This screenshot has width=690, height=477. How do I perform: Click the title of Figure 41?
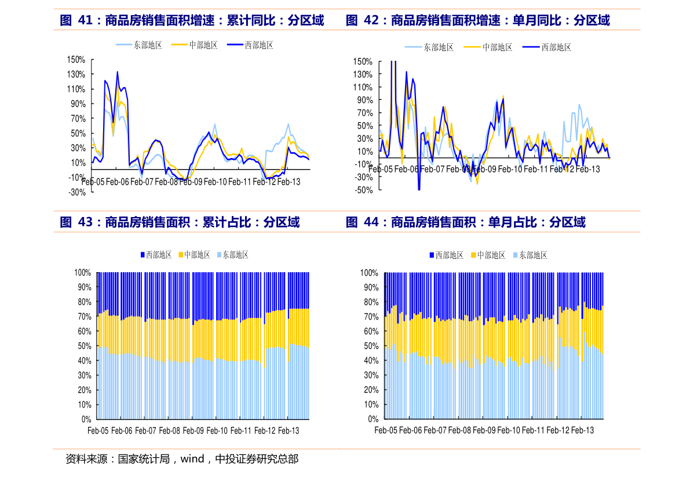pyautogui.click(x=192, y=21)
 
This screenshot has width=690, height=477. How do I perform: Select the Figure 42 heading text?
pyautogui.click(x=477, y=21)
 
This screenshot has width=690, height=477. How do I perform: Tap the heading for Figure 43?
pyautogui.click(x=180, y=222)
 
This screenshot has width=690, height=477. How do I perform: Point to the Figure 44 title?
pyautogui.click(x=466, y=222)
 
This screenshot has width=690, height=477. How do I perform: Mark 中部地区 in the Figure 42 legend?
pyautogui.click(x=498, y=47)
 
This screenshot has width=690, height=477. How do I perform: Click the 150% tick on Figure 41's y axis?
pyautogui.click(x=76, y=60)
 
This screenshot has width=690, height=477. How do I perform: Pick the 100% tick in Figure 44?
pyautogui.click(x=370, y=273)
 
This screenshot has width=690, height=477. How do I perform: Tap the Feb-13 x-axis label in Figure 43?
pyautogui.click(x=289, y=431)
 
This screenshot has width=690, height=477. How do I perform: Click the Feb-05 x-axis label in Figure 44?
pyautogui.click(x=386, y=431)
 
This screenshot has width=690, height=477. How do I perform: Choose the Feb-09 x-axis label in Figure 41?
pyautogui.click(x=191, y=182)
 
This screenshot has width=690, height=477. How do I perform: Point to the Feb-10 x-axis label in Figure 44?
pyautogui.click(x=509, y=431)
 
